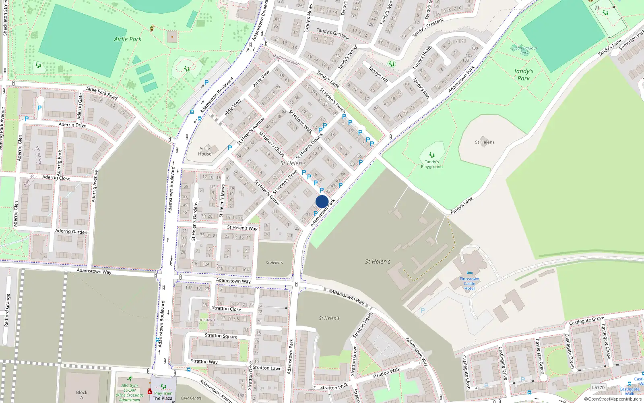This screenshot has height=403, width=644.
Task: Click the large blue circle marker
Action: pyautogui.click(x=322, y=201)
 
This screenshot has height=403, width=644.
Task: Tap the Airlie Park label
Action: pyautogui.click(x=128, y=39)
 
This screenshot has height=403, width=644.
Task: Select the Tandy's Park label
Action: pyautogui.click(x=523, y=75)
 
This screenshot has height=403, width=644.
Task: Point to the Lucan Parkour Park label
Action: pyautogui.click(x=524, y=50)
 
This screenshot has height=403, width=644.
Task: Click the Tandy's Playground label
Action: pyautogui.click(x=431, y=164)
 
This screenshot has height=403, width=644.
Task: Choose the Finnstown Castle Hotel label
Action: pyautogui.click(x=469, y=283)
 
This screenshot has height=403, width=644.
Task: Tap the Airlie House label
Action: pyautogui.click(x=204, y=151)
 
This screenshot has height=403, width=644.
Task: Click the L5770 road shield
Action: pyautogui.click(x=598, y=388)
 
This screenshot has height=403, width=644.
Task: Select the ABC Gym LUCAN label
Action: pyautogui.click(x=130, y=388)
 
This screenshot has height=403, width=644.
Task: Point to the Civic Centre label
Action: pyautogui.click(x=191, y=398)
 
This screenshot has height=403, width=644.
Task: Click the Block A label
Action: pyautogui.click(x=82, y=395)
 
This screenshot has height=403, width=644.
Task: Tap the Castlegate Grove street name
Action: pyautogui.click(x=586, y=321)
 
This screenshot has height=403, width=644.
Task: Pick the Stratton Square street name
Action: pyautogui.click(x=221, y=336)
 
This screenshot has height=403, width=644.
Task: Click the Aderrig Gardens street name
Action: pyautogui.click(x=72, y=231)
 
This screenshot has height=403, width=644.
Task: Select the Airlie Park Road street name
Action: pyautogui.click(x=101, y=93)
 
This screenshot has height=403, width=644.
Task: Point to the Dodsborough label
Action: pyautogui.click(x=286, y=60)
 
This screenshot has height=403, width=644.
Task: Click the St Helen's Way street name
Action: pyautogui.click(x=242, y=228)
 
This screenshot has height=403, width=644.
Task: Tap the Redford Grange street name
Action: pyautogui.click(x=7, y=310)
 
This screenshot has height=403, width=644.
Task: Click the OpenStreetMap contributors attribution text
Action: pyautogui.click(x=613, y=399)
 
